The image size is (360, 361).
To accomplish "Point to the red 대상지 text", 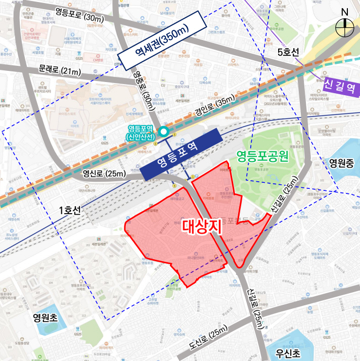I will click(202, 226).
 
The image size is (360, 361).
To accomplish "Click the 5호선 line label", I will click(289, 52).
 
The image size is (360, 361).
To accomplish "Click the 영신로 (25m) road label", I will click(104, 174).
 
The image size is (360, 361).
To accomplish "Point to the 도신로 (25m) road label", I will click(209, 339).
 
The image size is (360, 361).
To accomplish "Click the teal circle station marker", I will click(163, 132).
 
